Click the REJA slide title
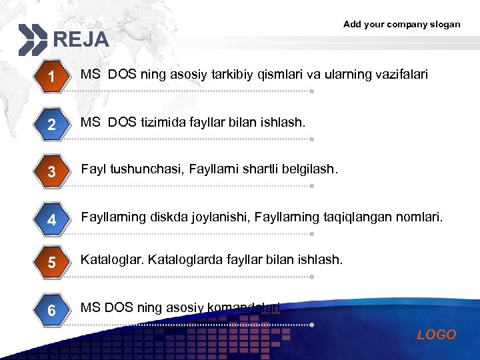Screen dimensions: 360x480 [x=81, y=39]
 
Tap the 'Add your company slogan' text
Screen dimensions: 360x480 [x=401, y=24]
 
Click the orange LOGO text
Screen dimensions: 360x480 [x=436, y=335]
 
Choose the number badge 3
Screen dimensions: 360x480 [x=51, y=173]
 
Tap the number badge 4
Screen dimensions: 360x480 [x=51, y=219]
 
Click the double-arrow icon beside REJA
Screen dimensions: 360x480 [x=33, y=39]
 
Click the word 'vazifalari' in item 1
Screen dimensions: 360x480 [x=401, y=74]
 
